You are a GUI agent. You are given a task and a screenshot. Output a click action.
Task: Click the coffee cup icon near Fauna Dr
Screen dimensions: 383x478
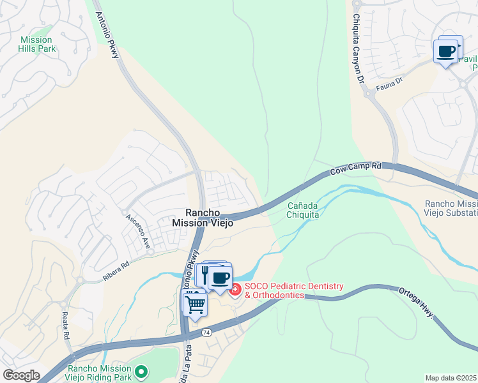tap(446, 50)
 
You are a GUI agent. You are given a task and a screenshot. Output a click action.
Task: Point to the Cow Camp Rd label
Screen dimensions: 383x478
tap(356, 169)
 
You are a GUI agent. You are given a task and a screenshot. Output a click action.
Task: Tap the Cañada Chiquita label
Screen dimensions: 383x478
tap(303, 210)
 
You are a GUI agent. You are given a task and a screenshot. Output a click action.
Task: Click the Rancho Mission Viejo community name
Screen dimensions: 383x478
tap(202, 218)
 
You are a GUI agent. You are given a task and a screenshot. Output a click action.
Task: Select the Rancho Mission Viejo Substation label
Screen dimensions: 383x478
tap(451, 208)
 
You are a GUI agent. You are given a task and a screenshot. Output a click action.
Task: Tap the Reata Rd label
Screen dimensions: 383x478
tap(66, 326)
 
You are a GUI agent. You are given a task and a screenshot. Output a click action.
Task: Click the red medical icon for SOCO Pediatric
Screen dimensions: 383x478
tap(235, 290)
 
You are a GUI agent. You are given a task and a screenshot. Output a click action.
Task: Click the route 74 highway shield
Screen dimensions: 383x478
tap(206, 333)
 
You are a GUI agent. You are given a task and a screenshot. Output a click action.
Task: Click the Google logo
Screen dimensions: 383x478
tap(20, 375)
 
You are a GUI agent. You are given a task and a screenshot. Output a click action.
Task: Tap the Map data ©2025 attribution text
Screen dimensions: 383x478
tap(451, 378)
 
